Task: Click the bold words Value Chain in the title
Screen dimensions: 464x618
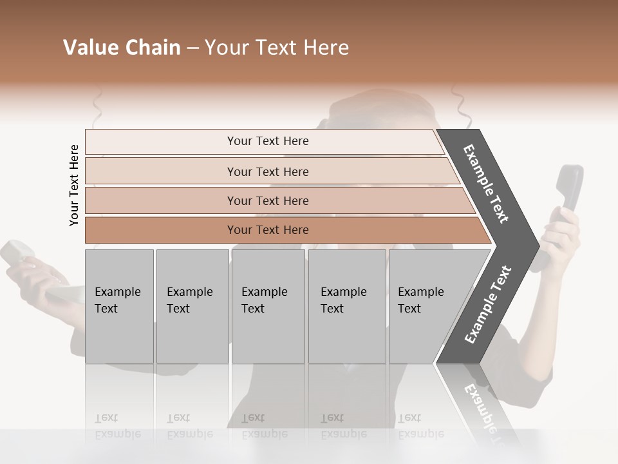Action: [x=122, y=48]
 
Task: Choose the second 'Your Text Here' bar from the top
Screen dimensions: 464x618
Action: [x=268, y=171]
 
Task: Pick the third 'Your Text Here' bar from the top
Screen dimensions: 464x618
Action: [x=268, y=200]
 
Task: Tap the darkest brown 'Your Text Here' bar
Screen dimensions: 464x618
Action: [x=268, y=230]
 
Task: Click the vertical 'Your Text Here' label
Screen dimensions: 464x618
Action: [x=74, y=185]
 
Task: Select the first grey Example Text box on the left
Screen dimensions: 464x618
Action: [x=119, y=306]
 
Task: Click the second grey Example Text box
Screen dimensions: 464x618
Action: [x=192, y=306]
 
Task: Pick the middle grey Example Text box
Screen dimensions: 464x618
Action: [x=268, y=306]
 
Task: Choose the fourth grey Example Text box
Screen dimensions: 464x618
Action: [x=346, y=306]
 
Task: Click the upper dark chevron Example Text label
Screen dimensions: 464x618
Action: [x=487, y=184]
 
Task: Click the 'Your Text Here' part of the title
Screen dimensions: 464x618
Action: [x=277, y=48]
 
